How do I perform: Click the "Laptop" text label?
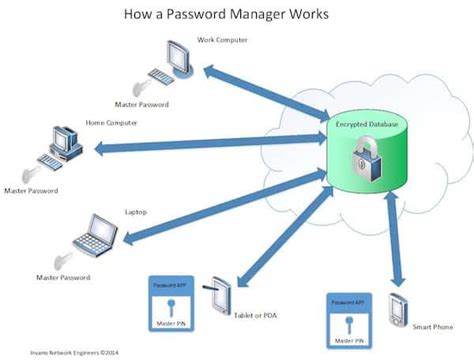click(135, 211)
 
